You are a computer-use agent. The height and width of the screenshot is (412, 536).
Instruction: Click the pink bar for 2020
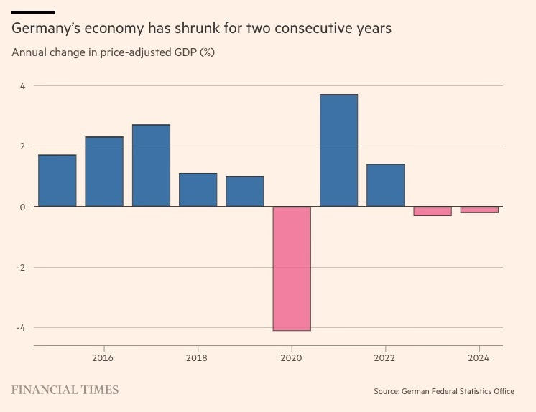[x=292, y=268]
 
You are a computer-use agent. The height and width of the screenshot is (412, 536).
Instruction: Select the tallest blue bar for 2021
[x=338, y=151]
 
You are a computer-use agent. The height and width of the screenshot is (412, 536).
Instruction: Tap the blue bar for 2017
[x=151, y=166]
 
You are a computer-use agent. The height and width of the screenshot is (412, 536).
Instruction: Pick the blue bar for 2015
[x=57, y=181]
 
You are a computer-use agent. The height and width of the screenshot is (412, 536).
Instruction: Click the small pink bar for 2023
[x=433, y=211]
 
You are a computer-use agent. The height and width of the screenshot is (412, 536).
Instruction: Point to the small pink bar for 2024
[x=479, y=210]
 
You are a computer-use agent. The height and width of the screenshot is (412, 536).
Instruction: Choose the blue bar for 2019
[x=245, y=192]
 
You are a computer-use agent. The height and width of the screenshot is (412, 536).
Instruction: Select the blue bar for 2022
[x=385, y=185]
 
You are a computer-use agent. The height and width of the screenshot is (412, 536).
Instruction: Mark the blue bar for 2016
[x=104, y=172]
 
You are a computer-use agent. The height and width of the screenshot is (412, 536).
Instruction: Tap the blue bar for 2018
[x=198, y=190]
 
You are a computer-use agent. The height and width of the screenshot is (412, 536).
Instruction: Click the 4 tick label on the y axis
[x=22, y=85]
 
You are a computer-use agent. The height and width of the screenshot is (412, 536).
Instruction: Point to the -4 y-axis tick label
[x=21, y=328]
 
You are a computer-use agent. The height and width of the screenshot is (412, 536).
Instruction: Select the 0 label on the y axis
[x=22, y=207]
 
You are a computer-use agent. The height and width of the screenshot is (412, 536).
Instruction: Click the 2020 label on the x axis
[x=291, y=357]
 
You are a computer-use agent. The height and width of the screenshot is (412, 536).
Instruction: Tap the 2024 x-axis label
[x=479, y=357]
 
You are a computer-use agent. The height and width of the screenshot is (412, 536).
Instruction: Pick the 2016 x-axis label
[x=103, y=357]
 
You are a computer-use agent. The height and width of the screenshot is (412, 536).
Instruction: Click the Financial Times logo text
[x=65, y=390]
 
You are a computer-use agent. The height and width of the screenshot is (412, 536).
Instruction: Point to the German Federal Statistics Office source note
[x=443, y=391]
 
